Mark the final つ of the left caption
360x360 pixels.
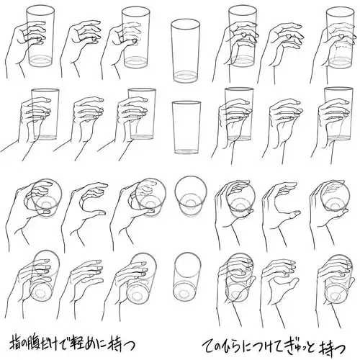click(130, 345)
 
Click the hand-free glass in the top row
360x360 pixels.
click(185, 51)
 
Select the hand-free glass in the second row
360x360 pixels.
click(186, 127)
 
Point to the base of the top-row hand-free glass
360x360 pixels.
click(186, 77)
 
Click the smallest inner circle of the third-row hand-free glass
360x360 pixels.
click(190, 203)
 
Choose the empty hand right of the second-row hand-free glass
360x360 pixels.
click(282, 127)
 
